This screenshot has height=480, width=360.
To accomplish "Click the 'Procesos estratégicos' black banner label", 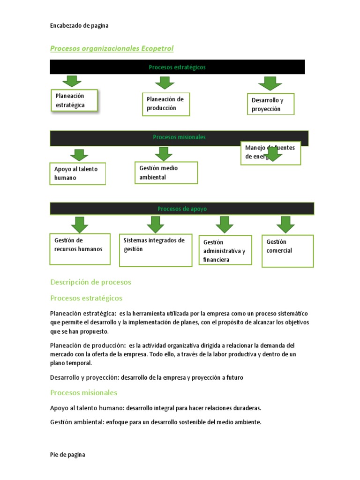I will [177, 67].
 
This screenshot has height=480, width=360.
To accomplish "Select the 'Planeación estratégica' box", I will [74, 101].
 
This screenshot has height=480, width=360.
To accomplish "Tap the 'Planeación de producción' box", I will [165, 104].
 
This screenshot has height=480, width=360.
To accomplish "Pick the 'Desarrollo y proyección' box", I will [270, 105].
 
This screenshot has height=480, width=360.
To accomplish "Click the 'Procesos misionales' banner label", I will [179, 137].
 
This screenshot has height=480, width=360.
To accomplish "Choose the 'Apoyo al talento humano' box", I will [78, 173].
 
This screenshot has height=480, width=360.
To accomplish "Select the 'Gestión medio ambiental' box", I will [165, 172].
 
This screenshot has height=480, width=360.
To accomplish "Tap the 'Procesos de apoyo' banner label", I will [182, 209].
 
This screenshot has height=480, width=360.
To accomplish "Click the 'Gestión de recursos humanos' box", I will [80, 245].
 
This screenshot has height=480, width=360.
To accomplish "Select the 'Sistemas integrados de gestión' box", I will [155, 250].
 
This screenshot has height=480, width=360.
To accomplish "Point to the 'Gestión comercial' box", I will [287, 251].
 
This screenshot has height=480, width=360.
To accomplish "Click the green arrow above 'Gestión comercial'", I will [285, 225].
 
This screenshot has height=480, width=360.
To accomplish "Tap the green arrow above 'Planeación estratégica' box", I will [72, 81].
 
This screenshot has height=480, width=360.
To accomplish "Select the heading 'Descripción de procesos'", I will [90, 282].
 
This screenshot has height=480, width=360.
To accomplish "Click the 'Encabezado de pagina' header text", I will [79, 26].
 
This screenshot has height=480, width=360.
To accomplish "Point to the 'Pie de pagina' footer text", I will [67, 455].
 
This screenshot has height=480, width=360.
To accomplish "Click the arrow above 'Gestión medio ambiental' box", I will [163, 154].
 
